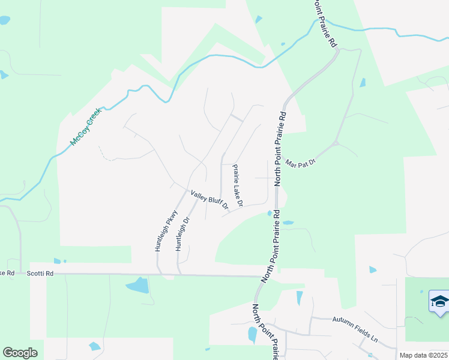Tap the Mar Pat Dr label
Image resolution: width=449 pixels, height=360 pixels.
tap(300, 163)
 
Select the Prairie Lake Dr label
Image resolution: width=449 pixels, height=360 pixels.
tap(237, 186)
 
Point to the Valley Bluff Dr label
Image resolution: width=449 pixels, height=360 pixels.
tap(209, 200)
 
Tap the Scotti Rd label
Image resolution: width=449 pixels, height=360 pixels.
tap(40, 274)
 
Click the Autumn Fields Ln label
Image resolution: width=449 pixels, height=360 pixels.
tap(355, 329)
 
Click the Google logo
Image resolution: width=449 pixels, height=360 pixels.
tap(20, 353)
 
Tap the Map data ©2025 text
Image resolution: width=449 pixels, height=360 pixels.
tap(423, 355)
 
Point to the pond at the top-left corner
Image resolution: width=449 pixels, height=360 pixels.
tap(4, 20)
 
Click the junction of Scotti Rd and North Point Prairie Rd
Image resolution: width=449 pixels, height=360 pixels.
tap(264, 277)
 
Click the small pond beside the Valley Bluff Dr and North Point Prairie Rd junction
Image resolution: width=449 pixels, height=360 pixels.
tap(270, 213)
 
